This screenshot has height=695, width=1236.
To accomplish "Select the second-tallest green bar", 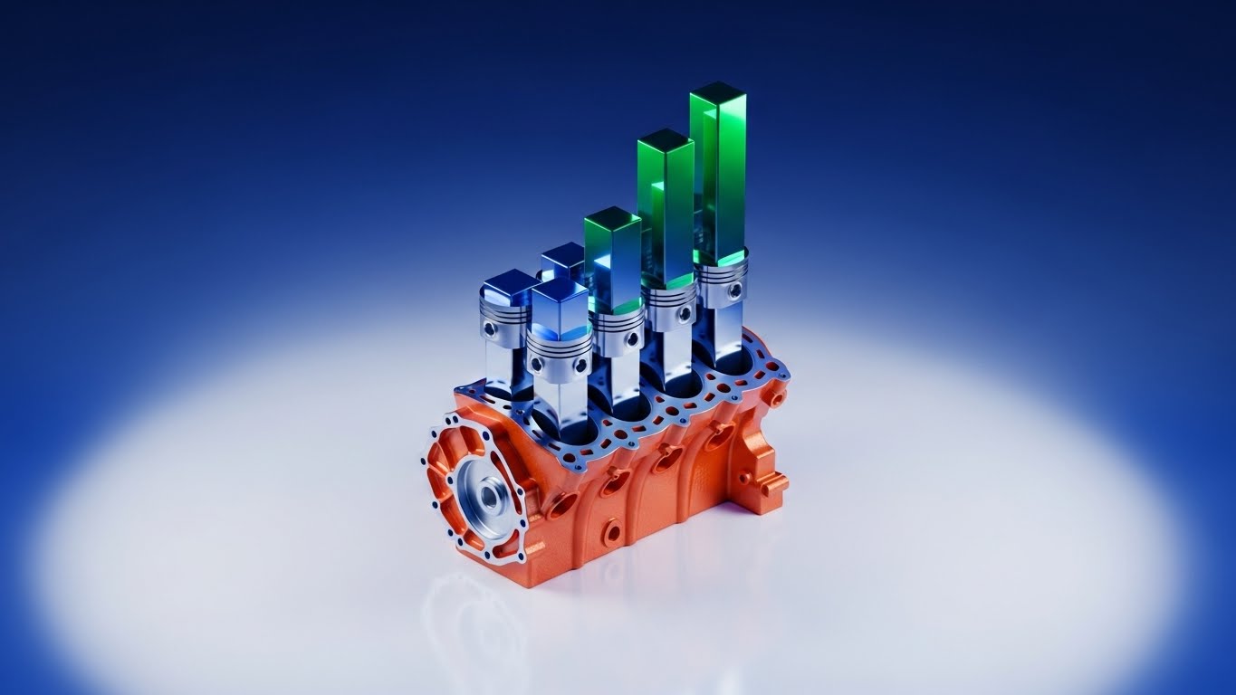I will pyautogui.click(x=666, y=208).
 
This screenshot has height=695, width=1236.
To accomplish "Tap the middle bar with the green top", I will pyautogui.click(x=613, y=258).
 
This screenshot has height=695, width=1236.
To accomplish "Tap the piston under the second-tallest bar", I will pyautogui.click(x=671, y=308).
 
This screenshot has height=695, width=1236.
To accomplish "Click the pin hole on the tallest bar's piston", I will pyautogui.click(x=735, y=290).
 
